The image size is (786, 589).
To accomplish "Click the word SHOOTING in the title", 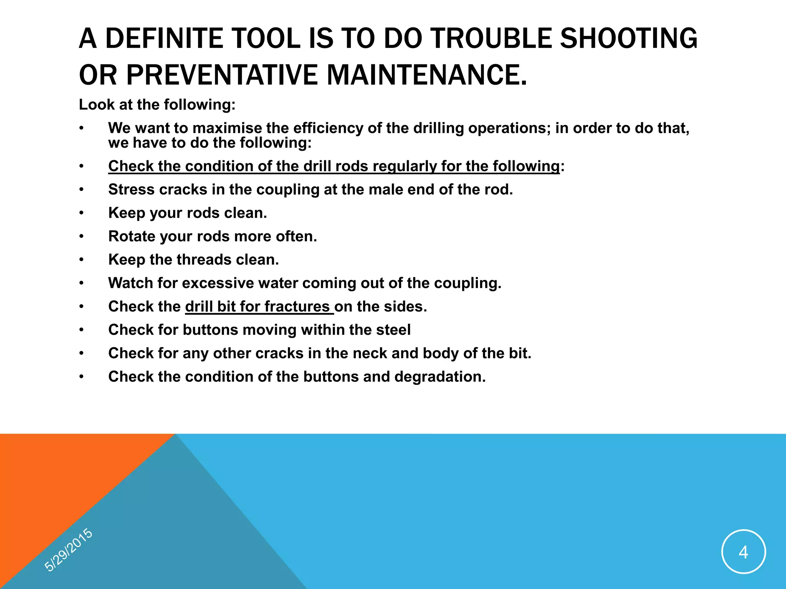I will [629, 39].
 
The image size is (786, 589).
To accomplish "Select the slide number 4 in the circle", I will [743, 552].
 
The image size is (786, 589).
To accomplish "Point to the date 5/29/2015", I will [69, 550].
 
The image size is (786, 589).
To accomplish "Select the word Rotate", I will [131, 236].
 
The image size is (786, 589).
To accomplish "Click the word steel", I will [393, 330].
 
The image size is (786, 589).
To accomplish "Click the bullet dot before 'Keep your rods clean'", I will [81, 213].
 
